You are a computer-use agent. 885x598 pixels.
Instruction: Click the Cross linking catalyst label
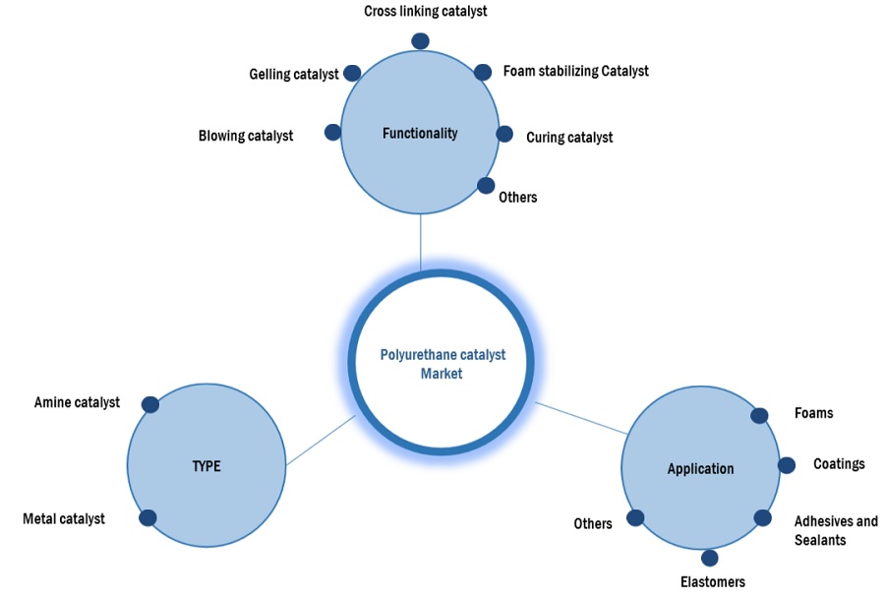pyautogui.click(x=425, y=12)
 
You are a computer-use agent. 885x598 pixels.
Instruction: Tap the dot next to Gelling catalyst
pyautogui.click(x=352, y=73)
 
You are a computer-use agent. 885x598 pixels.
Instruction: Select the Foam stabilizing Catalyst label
pyautogui.click(x=575, y=71)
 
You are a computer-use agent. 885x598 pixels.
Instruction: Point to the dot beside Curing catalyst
pyautogui.click(x=504, y=134)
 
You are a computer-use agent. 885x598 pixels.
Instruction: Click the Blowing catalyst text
pyautogui.click(x=245, y=136)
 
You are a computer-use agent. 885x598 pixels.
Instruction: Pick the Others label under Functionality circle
pyautogui.click(x=517, y=197)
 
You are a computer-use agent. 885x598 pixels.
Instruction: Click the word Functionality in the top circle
pyautogui.click(x=420, y=133)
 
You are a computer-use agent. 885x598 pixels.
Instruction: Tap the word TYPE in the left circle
pyautogui.click(x=206, y=466)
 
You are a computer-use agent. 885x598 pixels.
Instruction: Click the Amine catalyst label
pyautogui.click(x=77, y=402)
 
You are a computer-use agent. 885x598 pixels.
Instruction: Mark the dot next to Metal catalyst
pyautogui.click(x=147, y=518)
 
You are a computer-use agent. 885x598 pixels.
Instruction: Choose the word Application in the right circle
pyautogui.click(x=700, y=468)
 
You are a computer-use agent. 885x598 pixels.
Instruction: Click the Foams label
pyautogui.click(x=813, y=413)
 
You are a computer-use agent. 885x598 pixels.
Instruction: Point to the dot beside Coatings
pyautogui.click(x=787, y=464)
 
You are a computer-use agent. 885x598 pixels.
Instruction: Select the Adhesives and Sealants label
pyautogui.click(x=836, y=530)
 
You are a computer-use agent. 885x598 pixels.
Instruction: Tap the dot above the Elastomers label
pyautogui.click(x=710, y=558)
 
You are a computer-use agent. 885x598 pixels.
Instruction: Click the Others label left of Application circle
pyautogui.click(x=593, y=523)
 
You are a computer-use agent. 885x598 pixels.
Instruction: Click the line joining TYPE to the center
pyautogui.click(x=320, y=441)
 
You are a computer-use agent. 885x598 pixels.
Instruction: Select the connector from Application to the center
pyautogui.click(x=582, y=418)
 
